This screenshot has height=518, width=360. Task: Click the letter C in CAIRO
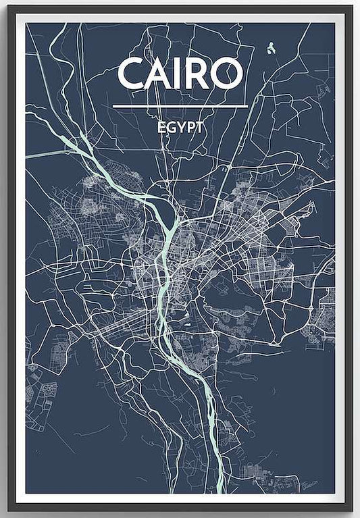(130, 74)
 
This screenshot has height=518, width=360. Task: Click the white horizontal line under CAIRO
(180, 106)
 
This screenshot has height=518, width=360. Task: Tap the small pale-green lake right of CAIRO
(270, 48)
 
